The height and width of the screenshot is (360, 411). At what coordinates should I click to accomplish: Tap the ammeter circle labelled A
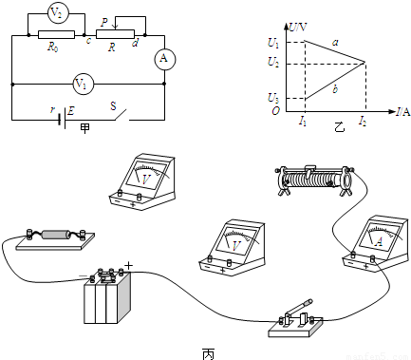pyautogui.click(x=164, y=59)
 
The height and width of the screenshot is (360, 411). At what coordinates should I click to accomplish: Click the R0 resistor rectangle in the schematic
pyautogui.click(x=56, y=34)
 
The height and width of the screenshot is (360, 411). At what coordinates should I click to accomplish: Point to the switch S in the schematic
pyautogui.click(x=121, y=115)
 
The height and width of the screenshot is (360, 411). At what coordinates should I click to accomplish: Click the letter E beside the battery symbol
pyautogui.click(x=71, y=110)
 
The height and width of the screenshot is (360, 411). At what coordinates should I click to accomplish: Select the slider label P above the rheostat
pyautogui.click(x=104, y=23)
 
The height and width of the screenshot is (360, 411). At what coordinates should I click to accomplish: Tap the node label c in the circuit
pyautogui.click(x=88, y=41)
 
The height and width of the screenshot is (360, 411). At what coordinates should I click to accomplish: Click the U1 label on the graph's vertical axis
pyautogui.click(x=273, y=43)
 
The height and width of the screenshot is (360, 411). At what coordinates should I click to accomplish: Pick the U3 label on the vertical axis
pyautogui.click(x=273, y=99)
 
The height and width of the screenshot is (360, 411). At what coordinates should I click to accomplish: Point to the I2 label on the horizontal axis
pyautogui.click(x=363, y=121)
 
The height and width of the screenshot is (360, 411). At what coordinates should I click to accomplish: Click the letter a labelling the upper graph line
pyautogui.click(x=335, y=42)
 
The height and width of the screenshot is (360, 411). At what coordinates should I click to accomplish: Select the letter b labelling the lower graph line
pyautogui.click(x=335, y=89)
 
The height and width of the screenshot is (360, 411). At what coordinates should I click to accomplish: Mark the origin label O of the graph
pyautogui.click(x=275, y=111)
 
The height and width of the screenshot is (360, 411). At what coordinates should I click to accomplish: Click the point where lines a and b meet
pyautogui.click(x=365, y=62)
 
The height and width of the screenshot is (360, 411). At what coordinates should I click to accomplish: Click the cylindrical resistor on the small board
pyautogui.click(x=55, y=235)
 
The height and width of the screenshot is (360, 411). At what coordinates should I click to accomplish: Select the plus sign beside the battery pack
pyautogui.click(x=128, y=265)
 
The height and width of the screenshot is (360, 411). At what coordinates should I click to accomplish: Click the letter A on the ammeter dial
pyautogui.click(x=379, y=242)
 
